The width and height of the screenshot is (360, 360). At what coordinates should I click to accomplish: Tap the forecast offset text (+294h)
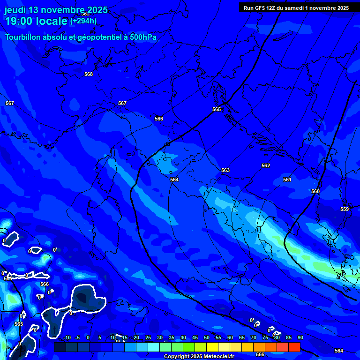pos(83,21)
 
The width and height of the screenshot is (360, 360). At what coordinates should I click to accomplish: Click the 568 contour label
pos(89,74)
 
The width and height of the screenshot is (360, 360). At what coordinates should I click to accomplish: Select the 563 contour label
pos(225,170)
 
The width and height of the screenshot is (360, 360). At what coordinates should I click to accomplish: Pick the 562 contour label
pos(266,165)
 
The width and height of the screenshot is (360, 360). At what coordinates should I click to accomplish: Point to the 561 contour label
pos(287,180)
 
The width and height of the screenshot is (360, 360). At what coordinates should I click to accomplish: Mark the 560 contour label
pos(315,191)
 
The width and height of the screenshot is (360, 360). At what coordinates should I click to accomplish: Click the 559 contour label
pos(345,209)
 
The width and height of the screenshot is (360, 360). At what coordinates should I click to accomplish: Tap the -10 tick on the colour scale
pos(67,338)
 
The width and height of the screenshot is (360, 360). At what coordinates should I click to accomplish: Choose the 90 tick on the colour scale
pos(300,338)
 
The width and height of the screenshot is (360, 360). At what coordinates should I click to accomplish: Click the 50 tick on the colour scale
pos(207,338)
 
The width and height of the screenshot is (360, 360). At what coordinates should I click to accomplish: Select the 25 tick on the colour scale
pos(148,338)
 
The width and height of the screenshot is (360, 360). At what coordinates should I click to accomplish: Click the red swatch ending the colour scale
pos(294,347)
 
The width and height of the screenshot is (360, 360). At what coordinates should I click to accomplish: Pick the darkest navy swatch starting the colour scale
pos(60,347)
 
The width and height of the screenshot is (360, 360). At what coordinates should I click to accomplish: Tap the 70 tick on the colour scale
pos(253,338)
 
